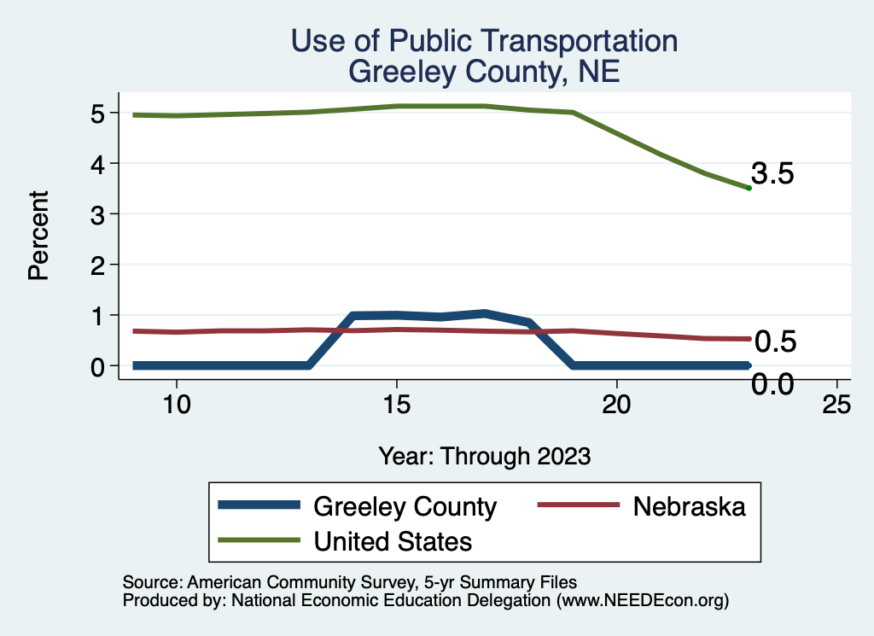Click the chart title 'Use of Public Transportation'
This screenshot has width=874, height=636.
(x=484, y=41)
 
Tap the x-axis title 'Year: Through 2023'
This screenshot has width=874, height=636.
(x=484, y=456)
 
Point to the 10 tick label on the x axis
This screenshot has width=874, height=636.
(x=177, y=405)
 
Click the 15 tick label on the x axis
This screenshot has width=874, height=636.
(x=396, y=405)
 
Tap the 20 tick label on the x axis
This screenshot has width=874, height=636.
(x=616, y=405)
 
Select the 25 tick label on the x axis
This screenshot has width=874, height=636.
(x=836, y=405)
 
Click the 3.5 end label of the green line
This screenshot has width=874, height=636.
(x=773, y=175)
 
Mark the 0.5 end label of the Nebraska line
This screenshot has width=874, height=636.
(x=775, y=342)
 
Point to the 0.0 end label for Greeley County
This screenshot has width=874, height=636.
(x=772, y=384)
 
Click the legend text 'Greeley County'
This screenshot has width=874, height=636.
(x=405, y=506)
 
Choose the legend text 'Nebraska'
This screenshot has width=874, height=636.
(x=689, y=506)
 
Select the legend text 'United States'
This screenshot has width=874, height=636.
(x=393, y=540)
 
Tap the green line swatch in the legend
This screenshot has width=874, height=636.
(x=259, y=540)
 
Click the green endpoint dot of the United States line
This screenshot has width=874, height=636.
(x=749, y=188)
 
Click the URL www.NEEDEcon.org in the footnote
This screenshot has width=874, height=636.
(x=641, y=600)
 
